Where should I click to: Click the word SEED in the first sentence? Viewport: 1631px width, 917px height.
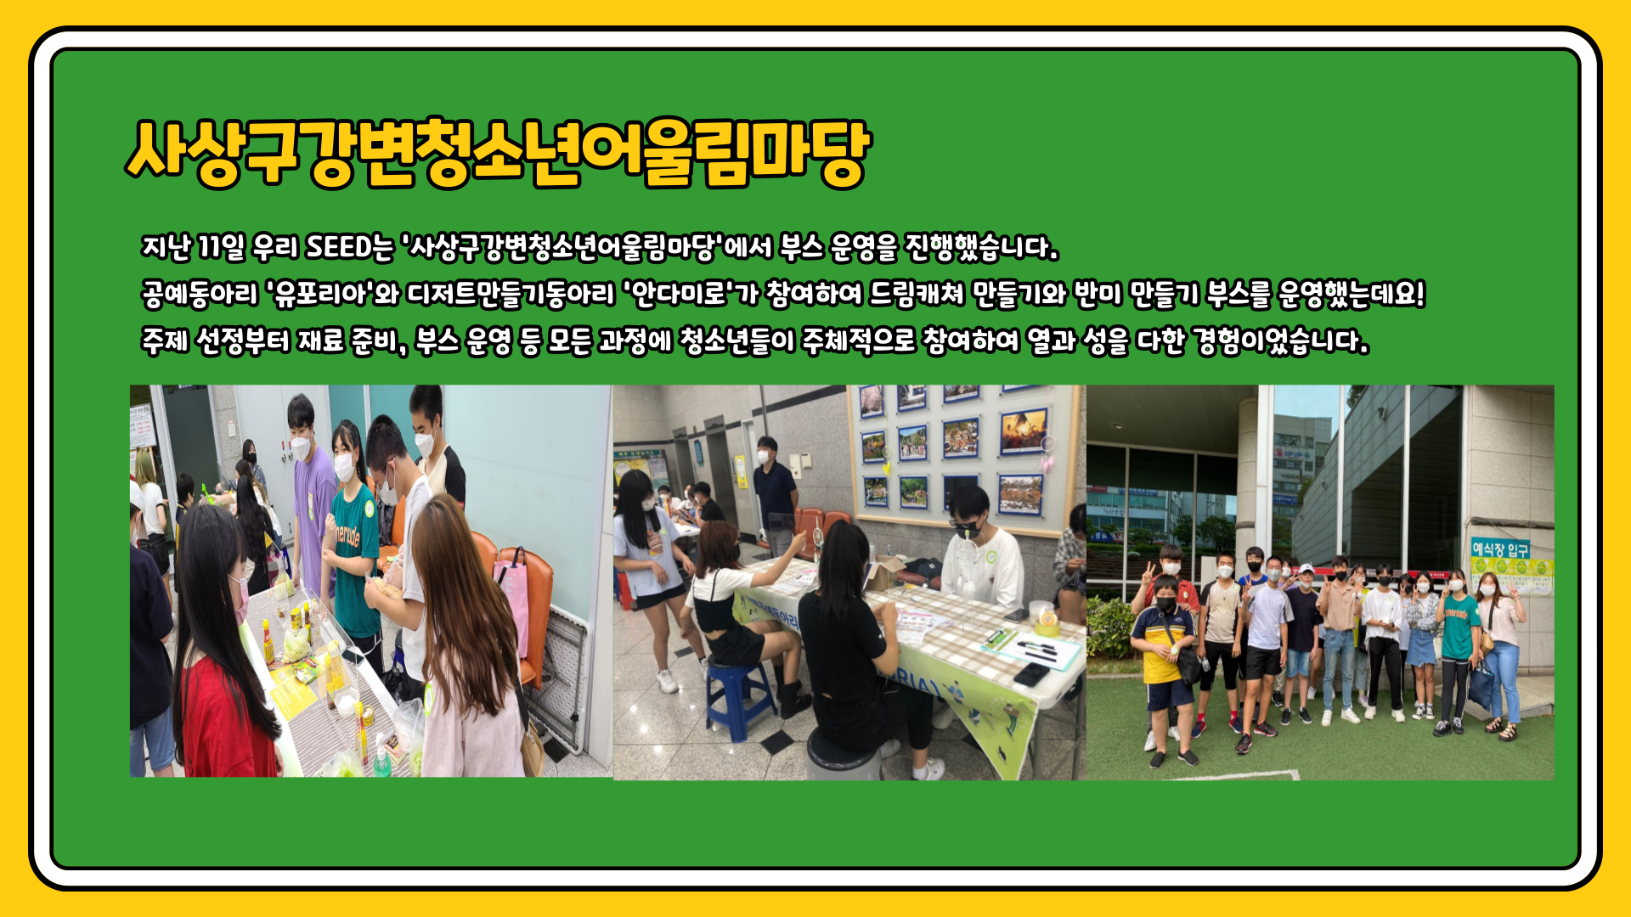coord(339,247)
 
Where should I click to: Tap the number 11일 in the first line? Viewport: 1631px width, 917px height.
coord(221,247)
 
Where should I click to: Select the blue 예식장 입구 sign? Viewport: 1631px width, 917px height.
coord(1501,549)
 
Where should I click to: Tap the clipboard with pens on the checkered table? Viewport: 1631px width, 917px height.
coord(1032,648)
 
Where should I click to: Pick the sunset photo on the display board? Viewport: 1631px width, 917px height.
coord(1022,431)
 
